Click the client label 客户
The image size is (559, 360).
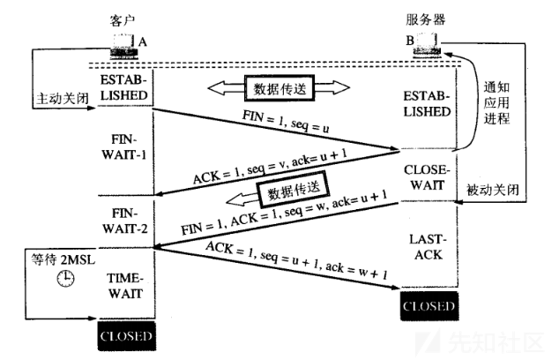coord(122,20)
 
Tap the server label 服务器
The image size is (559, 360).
coord(425,19)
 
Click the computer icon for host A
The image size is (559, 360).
coord(124,46)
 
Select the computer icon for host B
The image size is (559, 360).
coord(427,45)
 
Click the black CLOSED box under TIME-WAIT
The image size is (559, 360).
coord(127,336)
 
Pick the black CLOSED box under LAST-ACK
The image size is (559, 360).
coord(429,306)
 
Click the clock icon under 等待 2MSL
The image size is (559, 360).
coord(66,278)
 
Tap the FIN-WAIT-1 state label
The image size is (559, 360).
coord(123,147)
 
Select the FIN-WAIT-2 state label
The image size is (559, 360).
coord(124,221)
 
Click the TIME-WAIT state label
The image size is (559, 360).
coord(125,286)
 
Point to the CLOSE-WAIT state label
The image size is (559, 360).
coord(427,177)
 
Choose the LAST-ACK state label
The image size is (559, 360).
coord(429,247)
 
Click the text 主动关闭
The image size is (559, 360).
coord(63,98)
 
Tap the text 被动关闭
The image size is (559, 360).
coord(492,190)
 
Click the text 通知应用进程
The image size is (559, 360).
coord(496,102)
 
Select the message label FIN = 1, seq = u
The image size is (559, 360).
coord(286,121)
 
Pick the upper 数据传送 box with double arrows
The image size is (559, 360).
coord(279,88)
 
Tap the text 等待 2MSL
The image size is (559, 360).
coord(63,259)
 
